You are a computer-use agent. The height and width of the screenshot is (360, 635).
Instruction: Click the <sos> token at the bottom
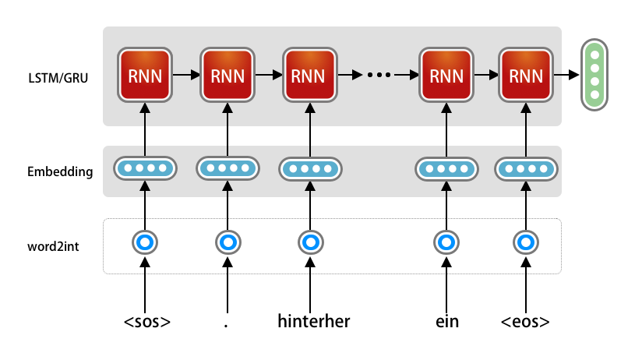(146, 321)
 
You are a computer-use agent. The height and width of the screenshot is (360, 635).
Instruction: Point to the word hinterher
(314, 321)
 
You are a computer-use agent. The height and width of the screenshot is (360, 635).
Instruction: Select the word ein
(446, 321)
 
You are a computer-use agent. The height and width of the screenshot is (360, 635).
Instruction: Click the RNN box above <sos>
(145, 76)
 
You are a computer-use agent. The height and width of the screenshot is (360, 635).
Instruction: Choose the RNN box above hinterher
(309, 76)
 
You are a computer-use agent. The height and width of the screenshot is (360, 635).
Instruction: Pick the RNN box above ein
(446, 76)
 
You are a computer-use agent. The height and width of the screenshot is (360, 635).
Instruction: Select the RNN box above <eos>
(527, 76)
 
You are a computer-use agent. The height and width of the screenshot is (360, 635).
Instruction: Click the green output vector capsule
(594, 75)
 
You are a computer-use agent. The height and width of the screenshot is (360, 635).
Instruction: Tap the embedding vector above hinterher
(309, 168)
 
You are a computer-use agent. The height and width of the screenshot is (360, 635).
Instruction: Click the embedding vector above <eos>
(527, 168)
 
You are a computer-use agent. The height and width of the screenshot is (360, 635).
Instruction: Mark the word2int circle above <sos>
(145, 243)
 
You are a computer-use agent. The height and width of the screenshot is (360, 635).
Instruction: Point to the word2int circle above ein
(446, 243)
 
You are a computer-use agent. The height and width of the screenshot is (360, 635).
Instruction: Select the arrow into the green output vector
(567, 76)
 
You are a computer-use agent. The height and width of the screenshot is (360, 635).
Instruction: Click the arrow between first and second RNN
(186, 76)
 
